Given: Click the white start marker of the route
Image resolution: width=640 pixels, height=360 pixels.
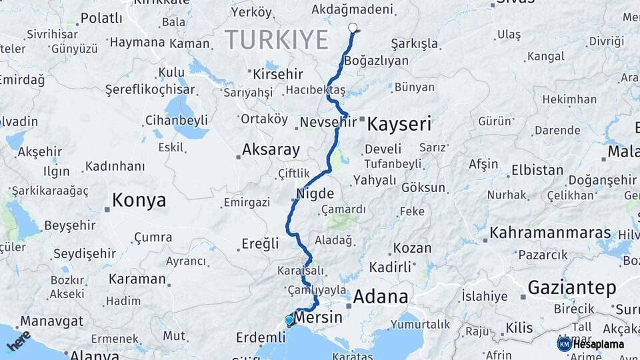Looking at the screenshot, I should point(353,28).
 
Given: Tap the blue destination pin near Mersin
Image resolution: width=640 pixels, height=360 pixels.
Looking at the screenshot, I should point(289,320).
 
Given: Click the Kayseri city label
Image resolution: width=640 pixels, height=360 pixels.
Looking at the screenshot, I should point(399,123).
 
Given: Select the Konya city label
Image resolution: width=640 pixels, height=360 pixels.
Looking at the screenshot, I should point(139,200).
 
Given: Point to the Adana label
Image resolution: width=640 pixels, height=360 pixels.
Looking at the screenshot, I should point(381,296).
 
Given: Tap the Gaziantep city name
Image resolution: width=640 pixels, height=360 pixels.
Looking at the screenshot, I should point(572,287).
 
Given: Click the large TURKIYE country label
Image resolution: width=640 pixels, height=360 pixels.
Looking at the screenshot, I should point(277,40).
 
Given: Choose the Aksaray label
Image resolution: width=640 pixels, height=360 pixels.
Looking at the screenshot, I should point(271,149).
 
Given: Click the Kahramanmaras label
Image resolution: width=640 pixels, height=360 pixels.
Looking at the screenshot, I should point(551,233).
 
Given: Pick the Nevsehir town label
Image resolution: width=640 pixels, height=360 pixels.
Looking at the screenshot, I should point(328,123).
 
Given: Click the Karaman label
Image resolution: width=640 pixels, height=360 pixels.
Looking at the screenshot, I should point(137,279).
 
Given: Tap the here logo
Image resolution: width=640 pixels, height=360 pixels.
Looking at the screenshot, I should point(19,341).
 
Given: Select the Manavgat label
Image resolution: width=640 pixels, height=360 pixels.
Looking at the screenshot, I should point(51,321).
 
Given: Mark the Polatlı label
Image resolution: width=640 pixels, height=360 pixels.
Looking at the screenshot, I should point(101,18).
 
